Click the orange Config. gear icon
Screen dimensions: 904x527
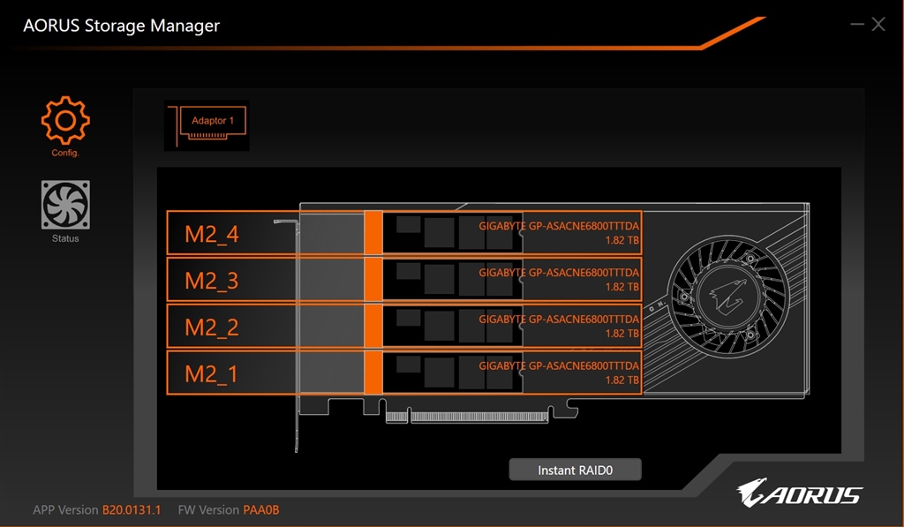[65, 120]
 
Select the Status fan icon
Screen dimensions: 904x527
[65, 205]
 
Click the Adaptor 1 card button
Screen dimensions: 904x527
[207, 125]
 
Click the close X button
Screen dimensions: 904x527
[878, 24]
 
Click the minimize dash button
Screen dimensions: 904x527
[856, 24]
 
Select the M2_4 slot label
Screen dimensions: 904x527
[212, 234]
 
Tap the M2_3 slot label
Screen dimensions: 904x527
[212, 281]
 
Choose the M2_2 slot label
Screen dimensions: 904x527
[212, 327]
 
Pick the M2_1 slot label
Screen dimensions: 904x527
[211, 374]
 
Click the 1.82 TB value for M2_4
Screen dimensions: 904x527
[622, 240]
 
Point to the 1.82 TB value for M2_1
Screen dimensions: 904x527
[622, 380]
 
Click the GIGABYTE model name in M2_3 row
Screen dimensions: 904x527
[559, 272]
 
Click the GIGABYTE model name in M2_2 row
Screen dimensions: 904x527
[559, 319]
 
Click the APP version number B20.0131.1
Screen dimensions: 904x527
[132, 509]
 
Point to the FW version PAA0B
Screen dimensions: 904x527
[261, 509]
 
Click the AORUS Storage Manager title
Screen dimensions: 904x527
[121, 26]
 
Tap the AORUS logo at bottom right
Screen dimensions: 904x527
[799, 493]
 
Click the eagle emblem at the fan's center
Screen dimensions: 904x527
[727, 294]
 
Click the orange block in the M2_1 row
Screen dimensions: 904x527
[373, 373]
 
